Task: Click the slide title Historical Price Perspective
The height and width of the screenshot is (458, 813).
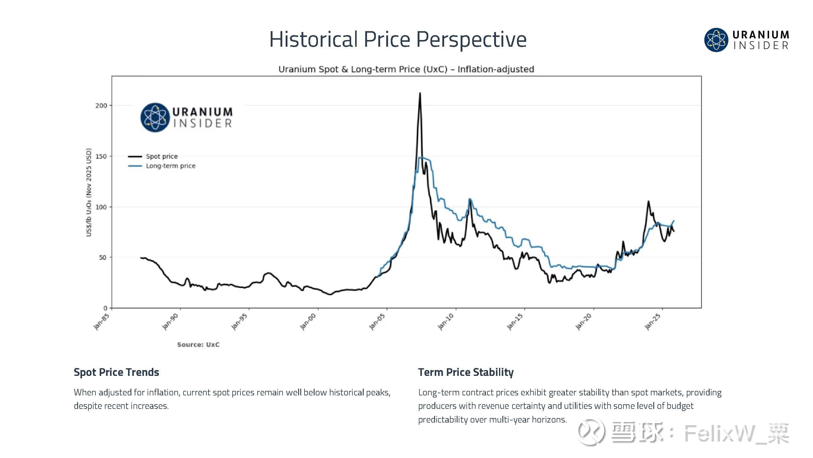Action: (x=398, y=39)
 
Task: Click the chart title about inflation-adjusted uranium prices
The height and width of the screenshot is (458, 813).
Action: (x=406, y=69)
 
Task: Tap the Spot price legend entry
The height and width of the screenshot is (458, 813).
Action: (x=162, y=156)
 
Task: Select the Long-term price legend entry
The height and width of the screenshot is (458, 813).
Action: (x=170, y=166)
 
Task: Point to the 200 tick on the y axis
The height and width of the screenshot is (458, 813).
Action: (x=101, y=106)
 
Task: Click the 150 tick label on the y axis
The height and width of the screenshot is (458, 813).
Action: (x=101, y=156)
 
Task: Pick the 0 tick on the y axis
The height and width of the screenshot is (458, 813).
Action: (x=105, y=308)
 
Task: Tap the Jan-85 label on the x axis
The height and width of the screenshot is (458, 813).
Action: (x=102, y=321)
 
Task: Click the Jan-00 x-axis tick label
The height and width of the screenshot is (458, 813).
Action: (x=308, y=322)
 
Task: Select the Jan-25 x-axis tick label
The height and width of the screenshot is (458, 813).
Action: (x=653, y=322)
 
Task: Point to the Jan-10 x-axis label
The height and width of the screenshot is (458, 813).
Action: (x=446, y=322)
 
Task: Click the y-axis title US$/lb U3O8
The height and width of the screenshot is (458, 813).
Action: (x=89, y=192)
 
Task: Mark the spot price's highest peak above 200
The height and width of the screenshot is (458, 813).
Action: (x=420, y=93)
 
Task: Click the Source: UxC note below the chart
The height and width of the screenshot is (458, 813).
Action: (x=198, y=344)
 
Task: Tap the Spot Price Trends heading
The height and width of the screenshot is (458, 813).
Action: (x=116, y=372)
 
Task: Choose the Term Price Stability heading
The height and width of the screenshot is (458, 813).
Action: (x=466, y=372)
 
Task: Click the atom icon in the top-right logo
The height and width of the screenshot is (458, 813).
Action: (x=716, y=40)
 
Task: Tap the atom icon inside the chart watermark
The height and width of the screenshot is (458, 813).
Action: (x=155, y=117)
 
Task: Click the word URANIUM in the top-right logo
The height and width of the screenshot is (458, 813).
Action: (x=761, y=35)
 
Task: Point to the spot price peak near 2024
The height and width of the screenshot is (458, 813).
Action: (x=648, y=201)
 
